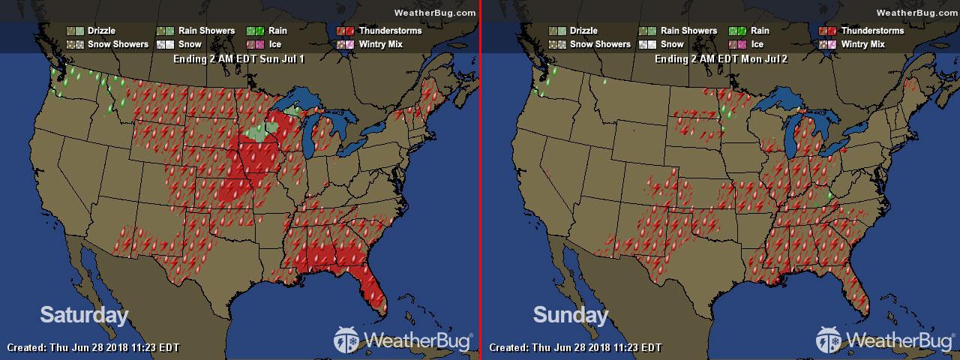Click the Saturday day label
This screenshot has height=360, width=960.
pos(84,315)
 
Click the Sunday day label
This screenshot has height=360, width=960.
pos(570,315)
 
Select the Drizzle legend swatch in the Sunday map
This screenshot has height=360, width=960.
pos(557,31)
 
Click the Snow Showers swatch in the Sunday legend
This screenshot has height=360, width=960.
pos(557,44)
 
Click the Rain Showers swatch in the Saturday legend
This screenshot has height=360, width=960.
pos(165,31)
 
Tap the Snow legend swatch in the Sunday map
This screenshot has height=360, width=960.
pos(647,44)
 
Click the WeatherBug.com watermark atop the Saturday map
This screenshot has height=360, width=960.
pos(434,12)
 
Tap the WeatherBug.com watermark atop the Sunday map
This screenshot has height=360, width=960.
pos(916,12)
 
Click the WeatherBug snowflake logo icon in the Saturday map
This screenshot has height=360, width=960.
pos(348,340)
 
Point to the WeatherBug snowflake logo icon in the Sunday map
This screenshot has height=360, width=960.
pos(830,340)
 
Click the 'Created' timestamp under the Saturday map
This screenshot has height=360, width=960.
pos(93,348)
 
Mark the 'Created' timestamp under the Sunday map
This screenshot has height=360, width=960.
pos(575,348)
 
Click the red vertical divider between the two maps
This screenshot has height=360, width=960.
pos(480,180)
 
